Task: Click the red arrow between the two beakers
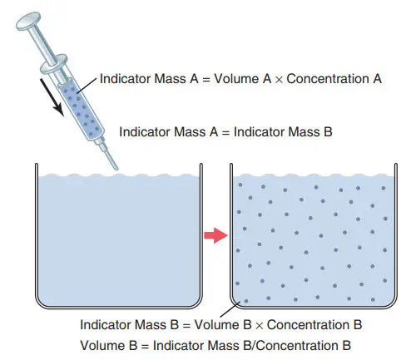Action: point(216,235)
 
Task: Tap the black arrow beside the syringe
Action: point(52,97)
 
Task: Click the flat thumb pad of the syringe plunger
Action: point(28,21)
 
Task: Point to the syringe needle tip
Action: point(116,168)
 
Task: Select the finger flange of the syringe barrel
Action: point(54,63)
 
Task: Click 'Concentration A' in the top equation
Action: point(334,79)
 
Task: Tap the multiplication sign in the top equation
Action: point(279,80)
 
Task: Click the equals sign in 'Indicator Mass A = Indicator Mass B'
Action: point(225,132)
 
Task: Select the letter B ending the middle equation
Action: point(328,131)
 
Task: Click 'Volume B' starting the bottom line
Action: point(109,346)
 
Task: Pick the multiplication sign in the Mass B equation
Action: point(259,326)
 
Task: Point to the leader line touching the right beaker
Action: point(230,309)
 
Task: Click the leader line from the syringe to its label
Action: point(87,86)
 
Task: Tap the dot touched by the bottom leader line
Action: point(246,301)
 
